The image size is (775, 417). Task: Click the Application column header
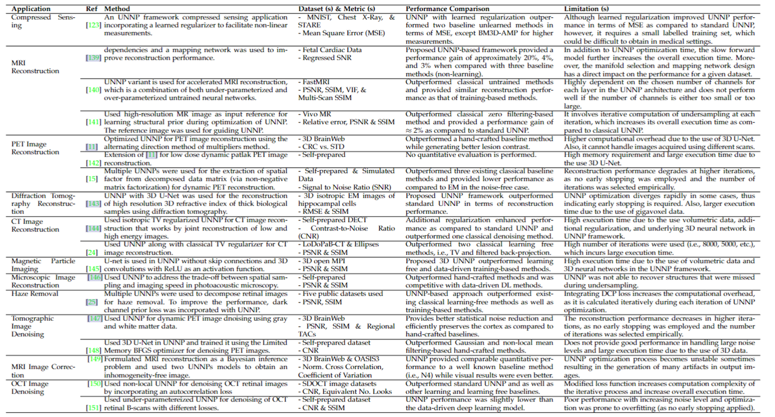pos(31,9)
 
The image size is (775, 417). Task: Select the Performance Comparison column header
pos(447,9)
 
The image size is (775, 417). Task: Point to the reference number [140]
pos(93,90)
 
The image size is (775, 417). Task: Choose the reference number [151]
pos(93,407)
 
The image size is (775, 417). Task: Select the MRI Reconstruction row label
pos(34,67)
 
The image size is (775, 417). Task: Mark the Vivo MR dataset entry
pos(318,114)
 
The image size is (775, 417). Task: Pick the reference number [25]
pos(93,302)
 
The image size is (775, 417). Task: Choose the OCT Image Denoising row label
pos(30,387)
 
